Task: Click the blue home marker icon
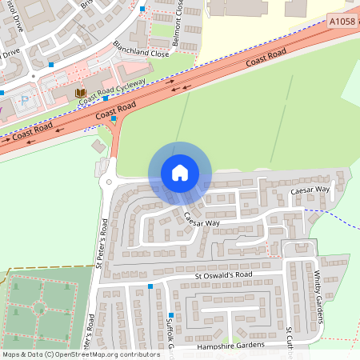click(180, 172)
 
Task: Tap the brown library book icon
click(79, 94)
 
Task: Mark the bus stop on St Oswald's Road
click(150, 286)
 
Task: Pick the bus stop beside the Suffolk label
click(170, 316)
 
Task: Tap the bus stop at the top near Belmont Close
click(143, 9)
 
